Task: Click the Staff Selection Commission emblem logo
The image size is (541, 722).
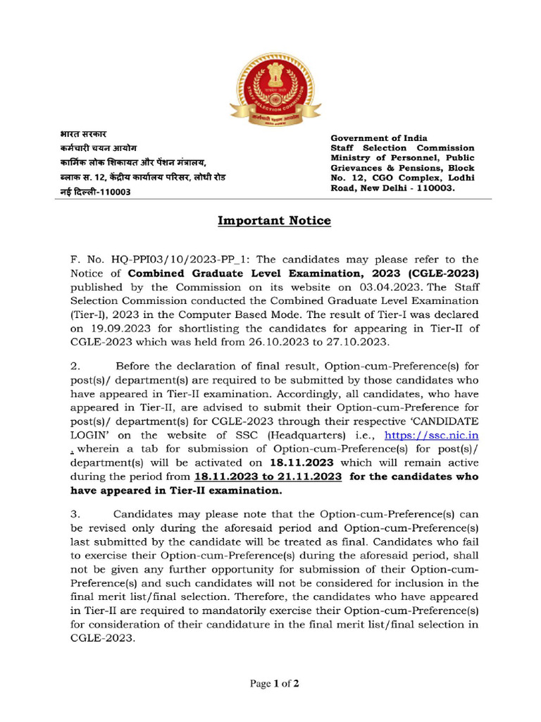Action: pyautogui.click(x=275, y=90)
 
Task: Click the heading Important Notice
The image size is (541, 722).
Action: pyautogui.click(x=274, y=221)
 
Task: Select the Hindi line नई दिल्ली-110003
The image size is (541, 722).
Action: pyautogui.click(x=95, y=192)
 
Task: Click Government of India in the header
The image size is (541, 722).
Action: pyautogui.click(x=379, y=138)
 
